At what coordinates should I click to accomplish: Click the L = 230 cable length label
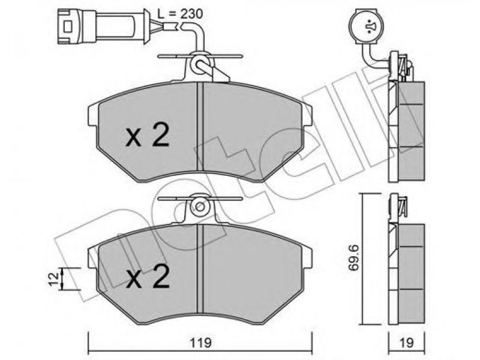(180, 14)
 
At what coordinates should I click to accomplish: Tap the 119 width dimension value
(200, 343)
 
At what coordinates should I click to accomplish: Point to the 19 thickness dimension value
(407, 343)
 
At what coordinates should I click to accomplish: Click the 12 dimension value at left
(53, 278)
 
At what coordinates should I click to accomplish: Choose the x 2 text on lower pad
(147, 277)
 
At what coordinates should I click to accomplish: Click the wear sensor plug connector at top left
(103, 26)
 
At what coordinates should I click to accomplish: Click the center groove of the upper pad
(200, 127)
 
